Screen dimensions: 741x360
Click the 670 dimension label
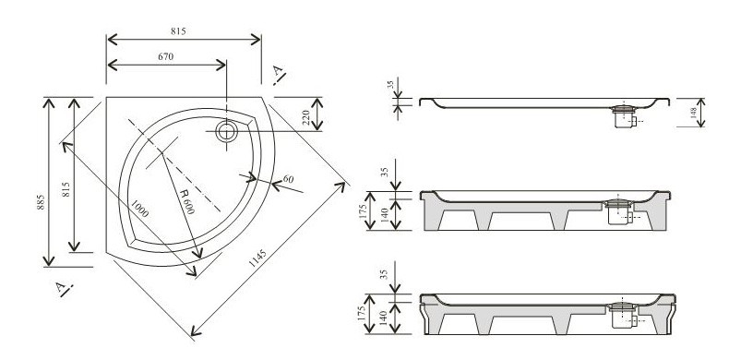pyautogui.click(x=165, y=56)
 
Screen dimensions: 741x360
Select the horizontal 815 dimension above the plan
pyautogui.click(x=178, y=31)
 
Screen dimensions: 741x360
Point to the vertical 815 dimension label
pyautogui.click(x=66, y=189)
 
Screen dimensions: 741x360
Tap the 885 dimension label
pyautogui.click(x=41, y=202)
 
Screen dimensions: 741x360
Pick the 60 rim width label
pyautogui.click(x=288, y=179)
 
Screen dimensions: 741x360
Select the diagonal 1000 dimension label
pyautogui.click(x=140, y=209)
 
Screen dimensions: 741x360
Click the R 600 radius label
pyautogui.click(x=185, y=201)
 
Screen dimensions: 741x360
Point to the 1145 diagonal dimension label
pyautogui.click(x=257, y=258)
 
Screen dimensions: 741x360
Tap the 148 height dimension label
pyautogui.click(x=693, y=113)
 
